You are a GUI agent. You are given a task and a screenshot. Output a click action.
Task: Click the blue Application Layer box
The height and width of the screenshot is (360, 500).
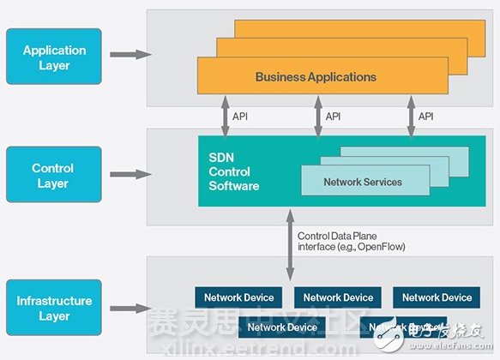point(54,57)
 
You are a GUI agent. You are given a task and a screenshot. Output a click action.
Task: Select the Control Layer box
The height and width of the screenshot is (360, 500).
point(53,175)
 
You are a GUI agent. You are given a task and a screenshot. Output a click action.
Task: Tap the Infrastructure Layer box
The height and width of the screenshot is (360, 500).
point(53,308)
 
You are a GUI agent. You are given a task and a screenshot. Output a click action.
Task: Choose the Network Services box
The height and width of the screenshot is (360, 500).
point(362,182)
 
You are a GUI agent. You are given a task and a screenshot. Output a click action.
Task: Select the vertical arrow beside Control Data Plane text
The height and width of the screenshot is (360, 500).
point(289,243)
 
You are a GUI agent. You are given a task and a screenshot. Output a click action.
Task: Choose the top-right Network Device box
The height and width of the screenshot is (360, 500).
point(437,297)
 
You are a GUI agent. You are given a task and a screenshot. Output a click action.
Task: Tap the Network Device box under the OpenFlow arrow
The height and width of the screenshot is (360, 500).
point(338,297)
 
